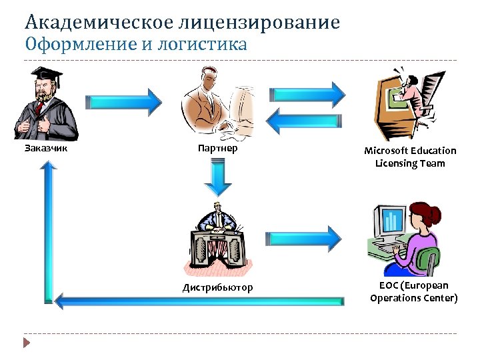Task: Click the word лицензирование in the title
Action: pyautogui.click(x=259, y=23)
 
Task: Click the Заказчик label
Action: pyautogui.click(x=46, y=148)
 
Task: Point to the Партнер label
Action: pyautogui.click(x=217, y=148)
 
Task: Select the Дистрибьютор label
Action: pyautogui.click(x=217, y=288)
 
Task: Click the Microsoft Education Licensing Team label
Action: pyautogui.click(x=410, y=157)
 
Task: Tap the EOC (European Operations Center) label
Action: pyautogui.click(x=413, y=292)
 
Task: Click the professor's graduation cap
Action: pyautogui.click(x=45, y=73)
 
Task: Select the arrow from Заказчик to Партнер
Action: pyautogui.click(x=124, y=102)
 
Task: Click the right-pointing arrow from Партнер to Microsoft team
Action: pyautogui.click(x=306, y=91)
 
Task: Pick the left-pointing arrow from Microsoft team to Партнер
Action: pyautogui.click(x=306, y=120)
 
